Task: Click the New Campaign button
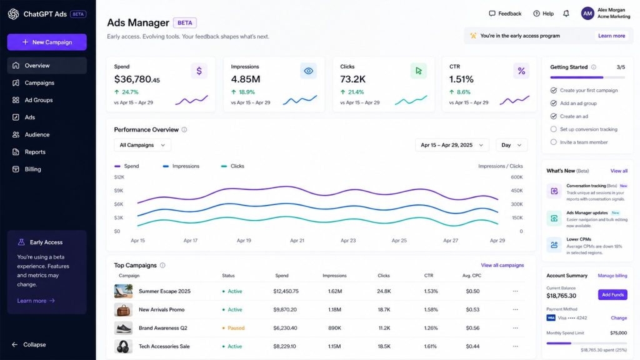click(x=47, y=42)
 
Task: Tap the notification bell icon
click(x=566, y=14)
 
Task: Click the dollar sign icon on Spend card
click(x=199, y=71)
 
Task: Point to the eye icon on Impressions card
click(x=309, y=71)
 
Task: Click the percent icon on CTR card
click(x=521, y=71)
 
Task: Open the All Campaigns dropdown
click(x=142, y=145)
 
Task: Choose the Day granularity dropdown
click(x=511, y=145)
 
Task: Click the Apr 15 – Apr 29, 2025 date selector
click(x=452, y=145)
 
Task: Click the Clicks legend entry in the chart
click(x=232, y=166)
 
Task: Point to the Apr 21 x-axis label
click(x=297, y=241)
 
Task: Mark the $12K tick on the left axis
click(x=119, y=177)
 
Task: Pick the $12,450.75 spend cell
click(x=286, y=291)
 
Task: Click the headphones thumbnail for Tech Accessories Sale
click(x=123, y=346)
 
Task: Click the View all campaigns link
click(x=502, y=265)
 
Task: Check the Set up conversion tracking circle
click(x=554, y=129)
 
